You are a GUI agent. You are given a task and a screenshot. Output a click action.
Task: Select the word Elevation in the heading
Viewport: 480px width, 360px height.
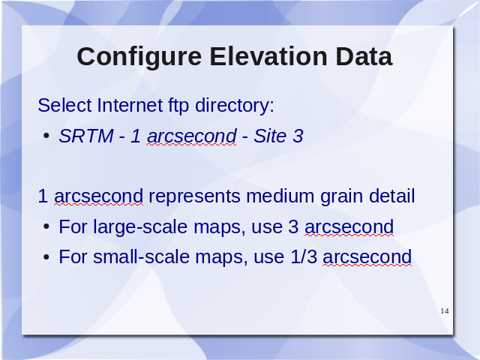(x=268, y=57)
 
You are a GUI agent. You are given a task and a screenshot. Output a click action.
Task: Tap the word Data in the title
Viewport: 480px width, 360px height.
(x=364, y=57)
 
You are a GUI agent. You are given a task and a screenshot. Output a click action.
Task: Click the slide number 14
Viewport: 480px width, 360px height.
(x=445, y=311)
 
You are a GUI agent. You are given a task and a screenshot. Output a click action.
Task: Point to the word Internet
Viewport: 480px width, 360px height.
(x=130, y=105)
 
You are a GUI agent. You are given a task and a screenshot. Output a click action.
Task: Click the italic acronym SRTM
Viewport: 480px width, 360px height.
(x=86, y=136)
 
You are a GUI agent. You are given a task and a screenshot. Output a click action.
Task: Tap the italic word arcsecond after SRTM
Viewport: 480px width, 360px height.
(x=192, y=136)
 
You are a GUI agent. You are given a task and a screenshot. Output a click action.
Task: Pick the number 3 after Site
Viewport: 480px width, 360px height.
(x=298, y=136)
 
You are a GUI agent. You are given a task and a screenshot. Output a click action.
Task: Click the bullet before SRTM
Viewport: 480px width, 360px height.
(x=46, y=136)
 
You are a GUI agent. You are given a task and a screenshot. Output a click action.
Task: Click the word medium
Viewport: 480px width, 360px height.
(x=280, y=196)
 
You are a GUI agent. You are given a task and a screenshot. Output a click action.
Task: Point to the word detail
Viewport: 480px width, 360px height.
(x=391, y=196)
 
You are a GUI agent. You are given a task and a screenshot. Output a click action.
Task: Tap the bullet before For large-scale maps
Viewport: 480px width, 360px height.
(x=46, y=226)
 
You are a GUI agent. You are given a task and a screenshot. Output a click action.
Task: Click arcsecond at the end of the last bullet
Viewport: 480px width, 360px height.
(x=367, y=256)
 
